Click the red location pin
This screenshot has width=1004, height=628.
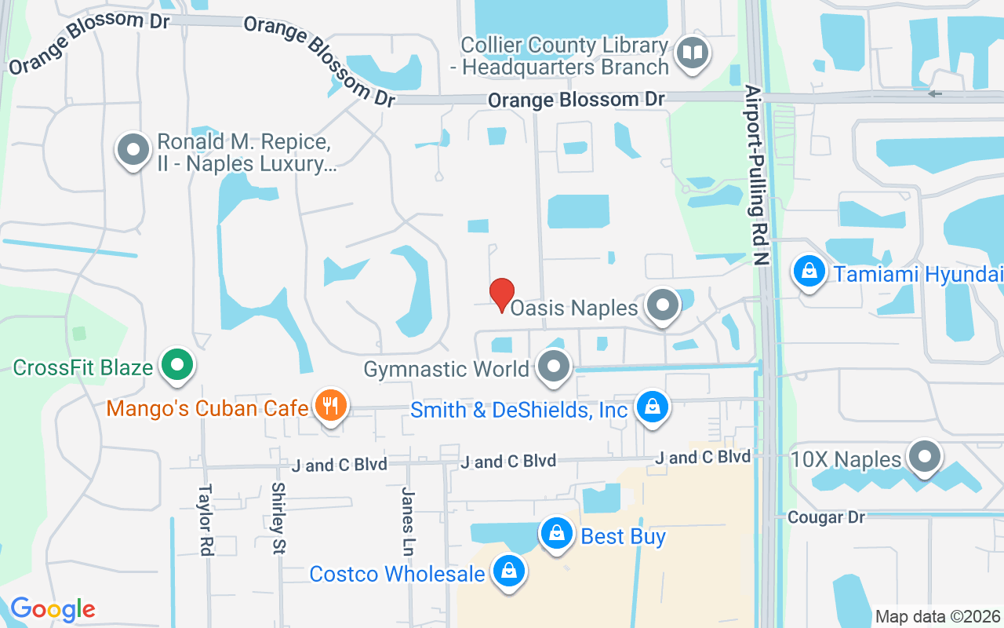[502, 294]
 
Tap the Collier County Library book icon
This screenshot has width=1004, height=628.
[693, 54]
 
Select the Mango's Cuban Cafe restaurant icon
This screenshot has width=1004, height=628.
[331, 406]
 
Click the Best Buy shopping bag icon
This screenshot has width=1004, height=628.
[556, 535]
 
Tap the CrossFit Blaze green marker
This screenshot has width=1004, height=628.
[176, 365]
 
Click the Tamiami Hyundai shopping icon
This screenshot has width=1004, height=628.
[809, 272]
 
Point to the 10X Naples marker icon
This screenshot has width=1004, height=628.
[924, 456]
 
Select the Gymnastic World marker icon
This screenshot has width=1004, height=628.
[555, 367]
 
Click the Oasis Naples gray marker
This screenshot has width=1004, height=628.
[663, 305]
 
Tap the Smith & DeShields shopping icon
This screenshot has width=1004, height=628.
[651, 407]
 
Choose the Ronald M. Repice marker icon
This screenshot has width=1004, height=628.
[133, 149]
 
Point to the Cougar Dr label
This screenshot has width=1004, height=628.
[826, 517]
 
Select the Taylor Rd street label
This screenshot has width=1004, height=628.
[206, 520]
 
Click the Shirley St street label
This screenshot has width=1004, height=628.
[278, 518]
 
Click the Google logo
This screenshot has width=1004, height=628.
[53, 609]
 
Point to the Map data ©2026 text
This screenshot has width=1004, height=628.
[937, 616]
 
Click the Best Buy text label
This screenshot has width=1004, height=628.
[623, 537]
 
